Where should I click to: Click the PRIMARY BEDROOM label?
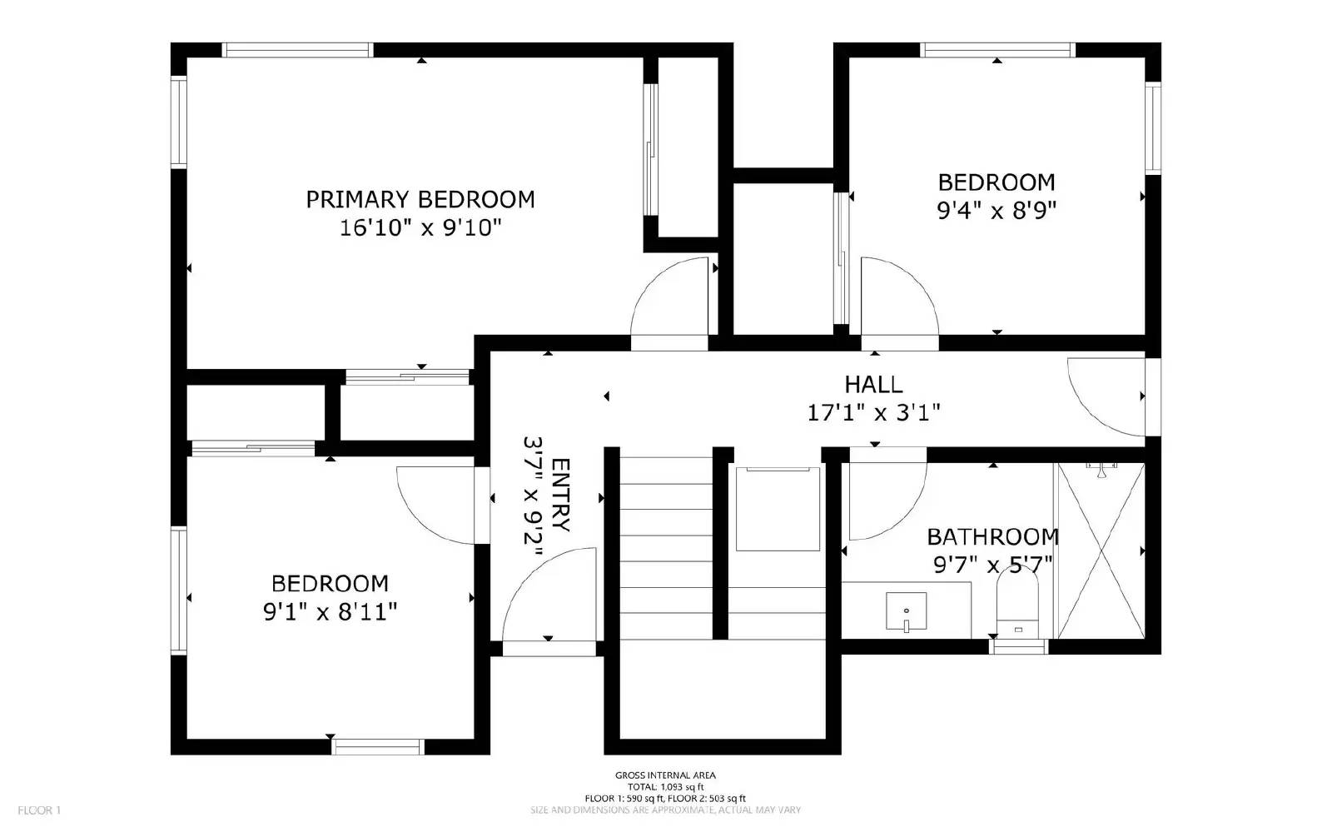coord(420,200)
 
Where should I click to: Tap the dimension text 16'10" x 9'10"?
coord(420,227)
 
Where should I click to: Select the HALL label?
coord(873,385)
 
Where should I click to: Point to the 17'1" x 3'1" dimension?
coord(873,412)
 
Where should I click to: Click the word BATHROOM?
coord(992,536)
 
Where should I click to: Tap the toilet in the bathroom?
coord(1017,604)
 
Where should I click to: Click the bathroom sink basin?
coord(906,612)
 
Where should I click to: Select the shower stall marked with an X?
coord(1100,551)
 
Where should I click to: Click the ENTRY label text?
coord(560,496)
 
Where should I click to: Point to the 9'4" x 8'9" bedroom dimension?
coord(997,210)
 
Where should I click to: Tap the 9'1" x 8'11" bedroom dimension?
coord(330,612)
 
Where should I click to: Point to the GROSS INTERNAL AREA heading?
coord(665,775)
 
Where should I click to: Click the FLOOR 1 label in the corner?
coord(39,810)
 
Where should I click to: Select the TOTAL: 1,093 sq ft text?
coord(665,787)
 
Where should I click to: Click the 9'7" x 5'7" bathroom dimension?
coord(992,565)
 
